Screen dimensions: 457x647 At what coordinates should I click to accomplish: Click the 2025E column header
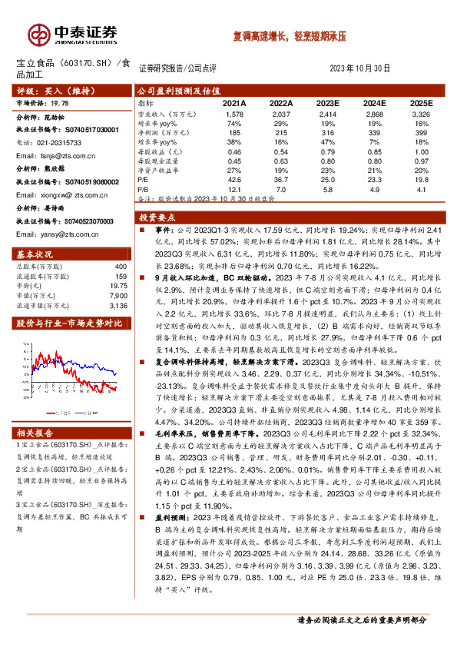(x=420, y=102)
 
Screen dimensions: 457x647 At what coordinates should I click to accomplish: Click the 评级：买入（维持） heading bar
(x=46, y=90)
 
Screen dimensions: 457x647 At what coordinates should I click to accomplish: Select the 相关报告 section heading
(x=35, y=433)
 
